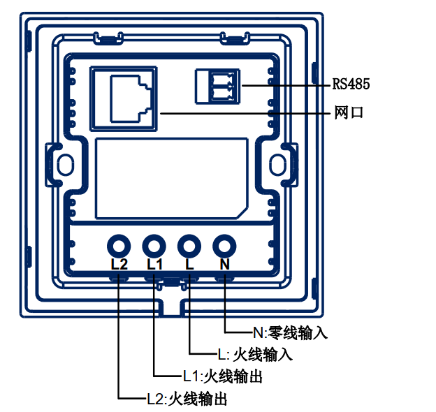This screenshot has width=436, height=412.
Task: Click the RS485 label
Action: click(351, 84)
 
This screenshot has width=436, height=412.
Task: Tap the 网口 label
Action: click(349, 112)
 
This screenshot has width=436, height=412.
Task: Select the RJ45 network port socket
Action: click(124, 98)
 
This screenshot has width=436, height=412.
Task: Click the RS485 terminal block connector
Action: click(217, 87)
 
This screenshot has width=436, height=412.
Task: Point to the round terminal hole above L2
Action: click(119, 247)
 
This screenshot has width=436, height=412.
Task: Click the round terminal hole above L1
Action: click(154, 247)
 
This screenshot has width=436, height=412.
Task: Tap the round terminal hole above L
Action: click(189, 247)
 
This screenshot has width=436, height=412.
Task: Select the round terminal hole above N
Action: click(224, 247)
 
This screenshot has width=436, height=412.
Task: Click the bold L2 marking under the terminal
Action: click(119, 264)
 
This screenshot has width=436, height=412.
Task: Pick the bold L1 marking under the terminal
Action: click(154, 264)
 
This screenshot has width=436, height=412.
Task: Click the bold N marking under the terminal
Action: click(225, 264)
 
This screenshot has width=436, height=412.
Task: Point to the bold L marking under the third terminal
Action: click(189, 264)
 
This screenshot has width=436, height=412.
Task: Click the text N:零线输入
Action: click(290, 332)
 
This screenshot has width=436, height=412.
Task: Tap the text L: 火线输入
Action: click(255, 355)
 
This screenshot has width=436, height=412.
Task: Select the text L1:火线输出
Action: click(222, 376)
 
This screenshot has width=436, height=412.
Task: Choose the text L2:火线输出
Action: click(187, 399)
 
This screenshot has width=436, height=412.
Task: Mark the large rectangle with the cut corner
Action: click(96, 178)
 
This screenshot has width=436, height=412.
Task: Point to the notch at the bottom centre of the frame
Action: click(172, 309)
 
